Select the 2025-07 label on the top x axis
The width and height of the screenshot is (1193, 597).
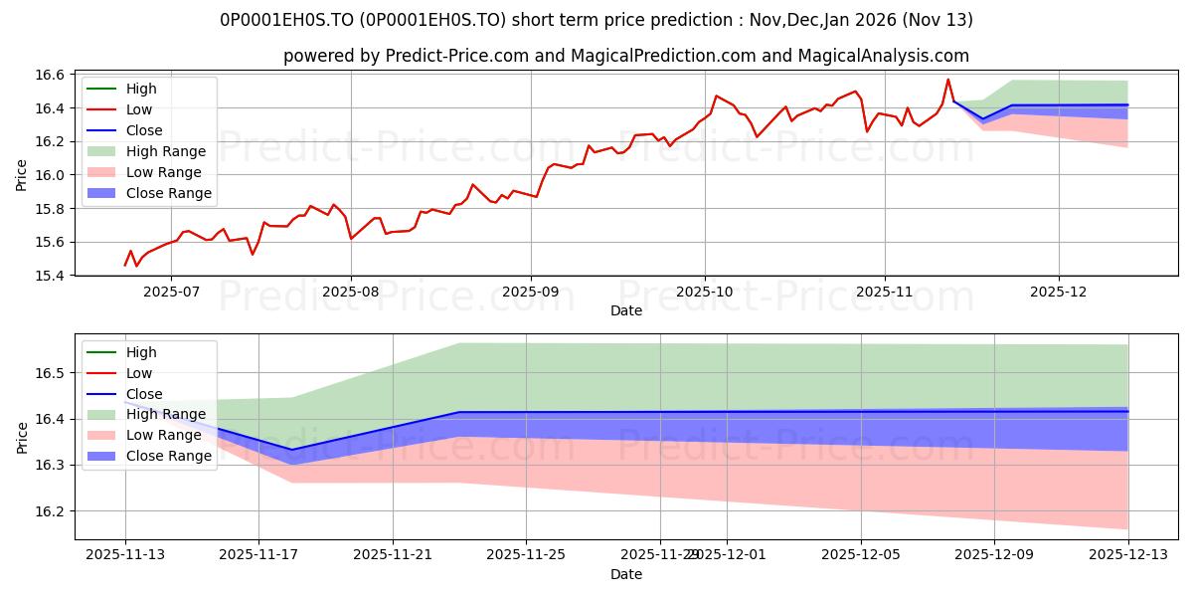[x=171, y=293]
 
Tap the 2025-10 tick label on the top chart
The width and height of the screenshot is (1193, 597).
[x=705, y=293]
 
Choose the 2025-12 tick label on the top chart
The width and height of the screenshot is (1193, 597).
[x=1059, y=293]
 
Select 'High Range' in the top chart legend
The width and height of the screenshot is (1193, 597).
[x=166, y=151]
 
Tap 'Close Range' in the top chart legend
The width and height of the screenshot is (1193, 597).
[x=168, y=193]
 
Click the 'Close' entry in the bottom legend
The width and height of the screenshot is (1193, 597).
[x=144, y=394]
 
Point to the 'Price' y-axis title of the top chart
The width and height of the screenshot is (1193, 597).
[x=22, y=175]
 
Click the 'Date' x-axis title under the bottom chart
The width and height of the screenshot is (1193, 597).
[x=626, y=575]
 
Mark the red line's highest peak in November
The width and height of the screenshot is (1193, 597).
[x=947, y=80]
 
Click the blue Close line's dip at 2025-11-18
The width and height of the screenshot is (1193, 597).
[x=291, y=450]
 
